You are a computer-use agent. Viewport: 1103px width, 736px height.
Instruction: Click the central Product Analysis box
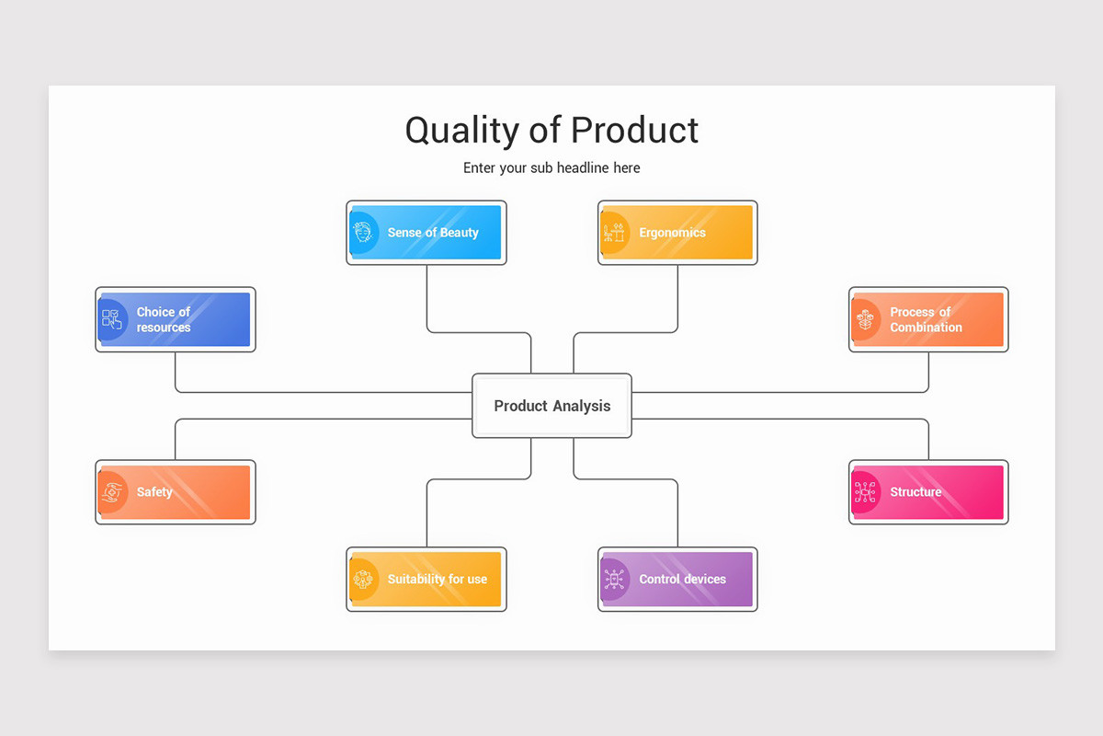click(x=551, y=406)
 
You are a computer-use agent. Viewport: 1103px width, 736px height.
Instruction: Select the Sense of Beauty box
click(x=426, y=233)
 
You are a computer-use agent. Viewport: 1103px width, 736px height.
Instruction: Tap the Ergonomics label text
click(x=672, y=233)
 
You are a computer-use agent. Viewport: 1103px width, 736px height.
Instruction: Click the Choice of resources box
click(x=176, y=319)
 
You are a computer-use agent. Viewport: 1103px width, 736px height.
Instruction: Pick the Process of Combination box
click(x=928, y=319)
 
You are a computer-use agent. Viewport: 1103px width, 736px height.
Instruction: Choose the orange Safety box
click(x=176, y=492)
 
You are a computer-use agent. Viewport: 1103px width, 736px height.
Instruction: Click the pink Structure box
click(x=928, y=492)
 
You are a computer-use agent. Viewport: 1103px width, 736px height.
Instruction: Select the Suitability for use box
click(x=426, y=580)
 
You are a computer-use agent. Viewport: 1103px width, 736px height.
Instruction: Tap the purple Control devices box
click(x=677, y=580)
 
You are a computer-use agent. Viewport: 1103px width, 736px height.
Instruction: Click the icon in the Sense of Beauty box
click(x=364, y=233)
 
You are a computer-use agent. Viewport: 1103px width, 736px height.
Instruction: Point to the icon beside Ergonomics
click(x=614, y=233)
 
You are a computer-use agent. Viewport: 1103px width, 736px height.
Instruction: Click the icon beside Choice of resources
click(x=112, y=319)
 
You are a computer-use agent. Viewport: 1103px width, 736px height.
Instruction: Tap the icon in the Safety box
click(x=112, y=492)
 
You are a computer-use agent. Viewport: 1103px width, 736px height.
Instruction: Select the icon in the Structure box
click(x=865, y=492)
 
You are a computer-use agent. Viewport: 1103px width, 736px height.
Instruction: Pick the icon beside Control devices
click(x=614, y=580)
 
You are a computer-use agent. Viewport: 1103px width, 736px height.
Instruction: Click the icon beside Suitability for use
click(x=364, y=580)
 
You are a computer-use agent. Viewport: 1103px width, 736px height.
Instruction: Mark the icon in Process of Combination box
click(x=865, y=319)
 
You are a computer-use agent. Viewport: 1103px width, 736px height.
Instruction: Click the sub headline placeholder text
click(x=551, y=168)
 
